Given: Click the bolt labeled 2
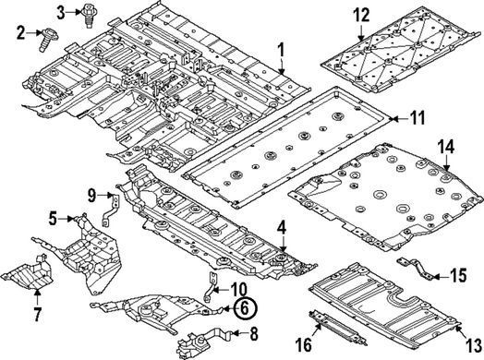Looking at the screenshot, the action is tap(45, 40).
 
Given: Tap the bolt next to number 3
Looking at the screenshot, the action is tap(89, 16).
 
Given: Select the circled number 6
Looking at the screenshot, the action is tap(245, 308).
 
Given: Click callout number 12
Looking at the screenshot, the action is tap(361, 16).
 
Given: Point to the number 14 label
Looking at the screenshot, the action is tap(447, 147).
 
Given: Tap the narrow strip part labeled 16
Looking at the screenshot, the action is tap(338, 330).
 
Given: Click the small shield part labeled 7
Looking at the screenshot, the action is tap(30, 273).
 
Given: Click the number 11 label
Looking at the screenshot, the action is tap(417, 118).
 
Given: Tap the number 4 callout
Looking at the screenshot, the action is tap(282, 229).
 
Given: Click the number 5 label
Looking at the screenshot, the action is tap(53, 219).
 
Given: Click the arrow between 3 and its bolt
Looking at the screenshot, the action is tap(75, 12).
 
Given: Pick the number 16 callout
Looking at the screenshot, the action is tap(304, 344).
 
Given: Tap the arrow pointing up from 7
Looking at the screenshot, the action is tap(37, 296).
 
